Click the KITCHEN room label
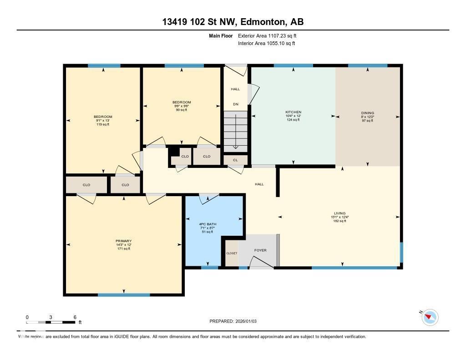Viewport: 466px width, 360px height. pyautogui.click(x=293, y=112)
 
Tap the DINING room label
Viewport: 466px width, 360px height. pyautogui.click(x=368, y=113)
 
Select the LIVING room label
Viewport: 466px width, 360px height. pyautogui.click(x=339, y=213)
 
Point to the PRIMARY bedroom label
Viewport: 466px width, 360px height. pyautogui.click(x=123, y=241)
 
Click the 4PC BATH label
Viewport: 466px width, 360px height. pyautogui.click(x=208, y=224)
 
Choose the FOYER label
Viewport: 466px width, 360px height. pyautogui.click(x=260, y=250)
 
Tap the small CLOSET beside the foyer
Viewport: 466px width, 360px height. pyautogui.click(x=232, y=254)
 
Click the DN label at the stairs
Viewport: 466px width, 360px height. pyautogui.click(x=236, y=105)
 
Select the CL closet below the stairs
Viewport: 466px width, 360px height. pyautogui.click(x=235, y=160)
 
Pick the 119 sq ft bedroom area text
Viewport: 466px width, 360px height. pyautogui.click(x=103, y=124)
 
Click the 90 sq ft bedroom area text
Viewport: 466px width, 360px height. pyautogui.click(x=182, y=110)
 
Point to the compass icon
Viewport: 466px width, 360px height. pyautogui.click(x=430, y=317)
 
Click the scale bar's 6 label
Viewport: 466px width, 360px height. pyautogui.click(x=75, y=317)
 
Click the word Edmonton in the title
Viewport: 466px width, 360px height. pyautogui.click(x=262, y=22)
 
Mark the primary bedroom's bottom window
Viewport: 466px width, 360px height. pyautogui.click(x=124, y=295)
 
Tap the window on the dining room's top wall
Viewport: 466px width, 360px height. pyautogui.click(x=368, y=66)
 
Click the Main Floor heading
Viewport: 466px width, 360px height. pyautogui.click(x=221, y=35)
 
